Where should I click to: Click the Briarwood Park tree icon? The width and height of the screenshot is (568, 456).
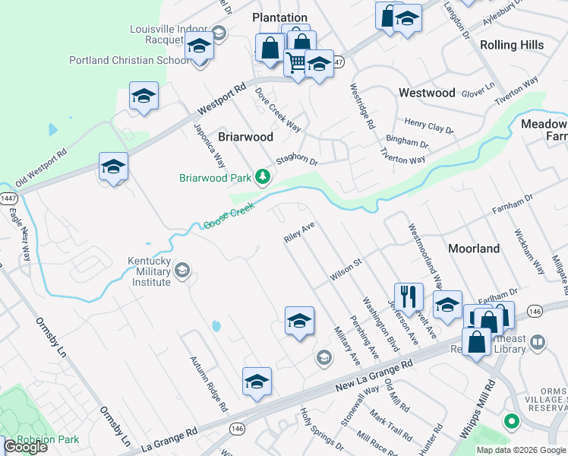coord(263,177)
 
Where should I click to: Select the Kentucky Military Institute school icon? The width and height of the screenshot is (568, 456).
coord(182,270)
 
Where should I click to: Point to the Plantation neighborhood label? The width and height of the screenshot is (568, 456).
coord(279,17)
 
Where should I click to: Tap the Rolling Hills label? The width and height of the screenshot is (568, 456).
coord(512,45)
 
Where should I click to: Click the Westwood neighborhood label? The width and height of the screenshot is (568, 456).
coord(427,93)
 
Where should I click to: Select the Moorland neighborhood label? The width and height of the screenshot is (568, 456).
coord(474,249)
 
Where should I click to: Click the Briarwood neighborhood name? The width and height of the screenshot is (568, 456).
coord(245,138)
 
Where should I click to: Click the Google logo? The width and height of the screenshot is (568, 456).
coord(25,447)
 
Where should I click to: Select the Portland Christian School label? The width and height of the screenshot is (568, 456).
coord(128,60)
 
